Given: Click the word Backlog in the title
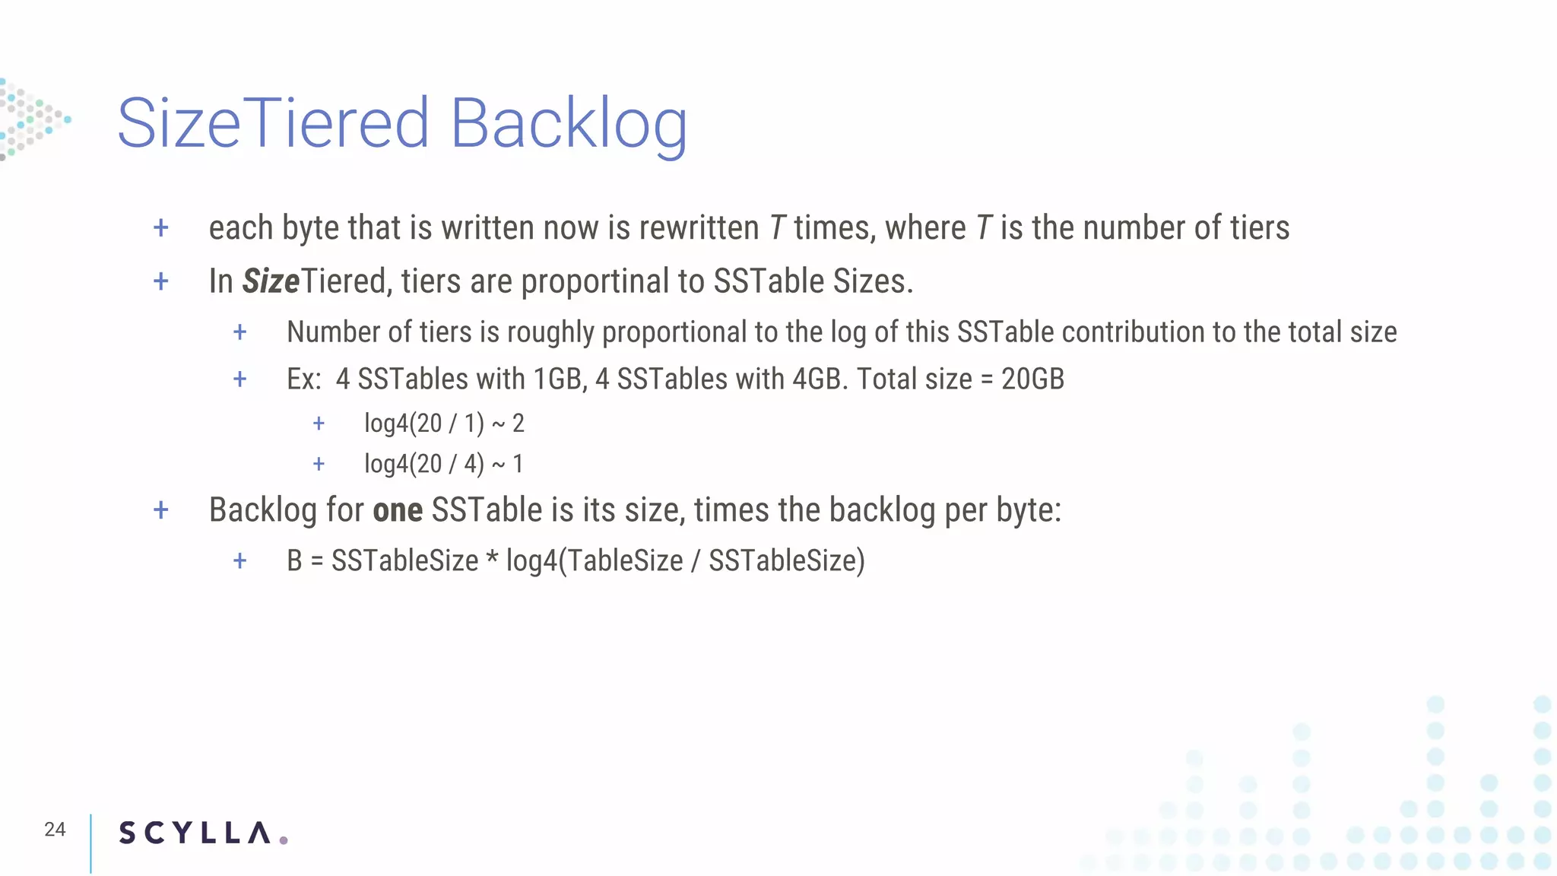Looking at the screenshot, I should click(569, 124).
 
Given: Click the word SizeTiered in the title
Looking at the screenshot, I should click(274, 124).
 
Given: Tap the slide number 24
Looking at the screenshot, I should click(55, 830).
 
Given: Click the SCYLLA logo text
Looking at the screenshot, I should click(195, 833).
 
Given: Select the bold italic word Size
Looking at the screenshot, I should click(271, 281).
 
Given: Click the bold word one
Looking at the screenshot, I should click(398, 510).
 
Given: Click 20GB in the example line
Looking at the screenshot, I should click(1032, 379).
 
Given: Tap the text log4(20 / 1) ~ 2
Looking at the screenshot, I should click(444, 423).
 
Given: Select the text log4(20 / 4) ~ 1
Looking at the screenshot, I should click(444, 464).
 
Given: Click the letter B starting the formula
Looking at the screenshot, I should click(294, 561).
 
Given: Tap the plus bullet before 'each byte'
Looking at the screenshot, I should click(161, 227).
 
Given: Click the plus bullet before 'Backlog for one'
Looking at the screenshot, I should click(161, 509).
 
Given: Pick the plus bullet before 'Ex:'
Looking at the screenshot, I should click(240, 379).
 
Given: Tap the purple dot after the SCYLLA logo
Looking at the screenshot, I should click(284, 840).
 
